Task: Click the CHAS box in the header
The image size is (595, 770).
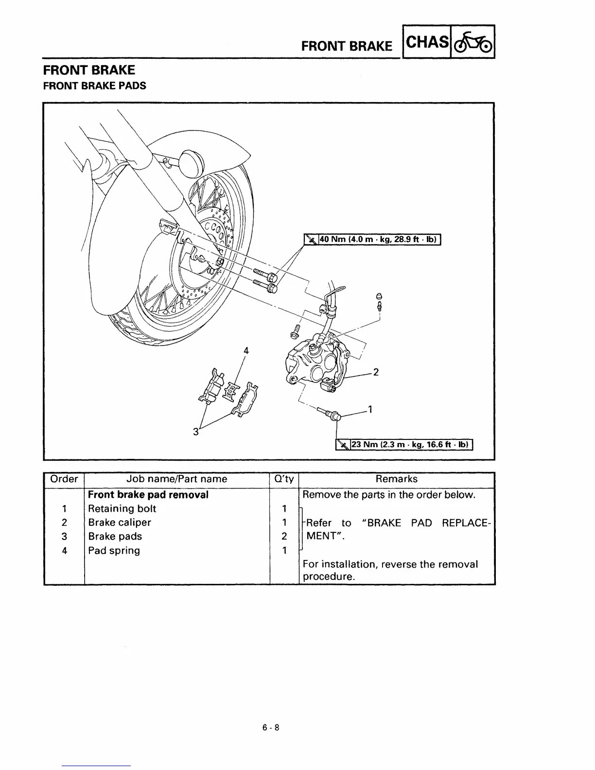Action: [427, 42]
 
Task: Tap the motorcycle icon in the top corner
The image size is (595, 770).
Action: [472, 42]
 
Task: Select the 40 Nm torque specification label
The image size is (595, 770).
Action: [372, 239]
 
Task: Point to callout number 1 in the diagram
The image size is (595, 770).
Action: [370, 409]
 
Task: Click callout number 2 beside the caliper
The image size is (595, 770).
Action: [375, 372]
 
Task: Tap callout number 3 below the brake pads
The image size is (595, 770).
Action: [196, 431]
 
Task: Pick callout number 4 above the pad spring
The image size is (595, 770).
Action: [246, 350]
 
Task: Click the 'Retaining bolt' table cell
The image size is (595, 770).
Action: [122, 508]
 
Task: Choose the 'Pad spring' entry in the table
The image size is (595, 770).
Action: [114, 550]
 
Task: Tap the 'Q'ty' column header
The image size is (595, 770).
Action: [284, 479]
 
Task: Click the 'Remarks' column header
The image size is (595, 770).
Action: [396, 479]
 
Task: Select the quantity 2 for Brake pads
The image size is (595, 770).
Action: [284, 536]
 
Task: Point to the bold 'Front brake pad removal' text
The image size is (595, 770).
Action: [148, 494]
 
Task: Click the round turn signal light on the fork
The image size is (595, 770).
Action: [190, 159]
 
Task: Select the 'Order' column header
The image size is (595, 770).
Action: [64, 479]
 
